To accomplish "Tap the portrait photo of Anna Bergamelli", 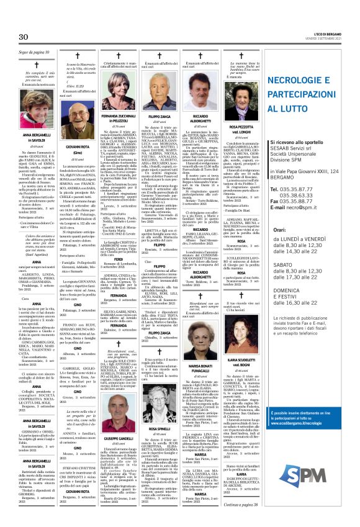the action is coord(37,115).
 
